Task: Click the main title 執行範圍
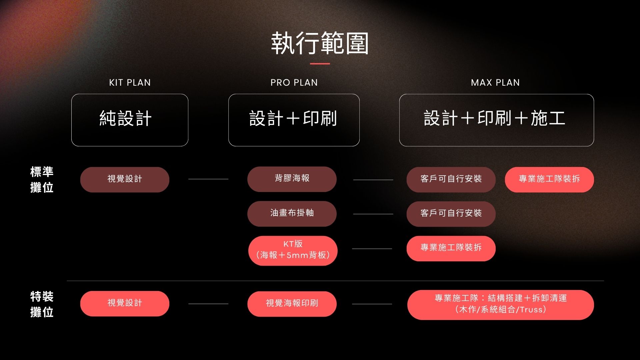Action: [x=320, y=43]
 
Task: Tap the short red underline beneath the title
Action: [x=320, y=63]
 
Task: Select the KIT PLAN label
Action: [x=130, y=83]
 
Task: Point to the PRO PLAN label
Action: [x=294, y=83]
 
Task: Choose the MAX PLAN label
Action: [x=495, y=83]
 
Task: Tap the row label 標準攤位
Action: [x=42, y=180]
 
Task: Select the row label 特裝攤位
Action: [x=42, y=304]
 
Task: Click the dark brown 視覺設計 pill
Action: [x=125, y=180]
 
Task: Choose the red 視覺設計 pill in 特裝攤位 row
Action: [x=125, y=304]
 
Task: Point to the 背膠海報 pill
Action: [x=292, y=179]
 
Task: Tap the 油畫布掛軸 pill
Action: [x=292, y=214]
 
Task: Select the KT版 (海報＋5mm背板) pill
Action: [x=293, y=251]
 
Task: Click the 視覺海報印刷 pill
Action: [x=292, y=304]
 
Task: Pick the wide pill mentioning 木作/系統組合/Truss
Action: [x=501, y=305]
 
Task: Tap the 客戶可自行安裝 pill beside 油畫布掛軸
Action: [x=451, y=214]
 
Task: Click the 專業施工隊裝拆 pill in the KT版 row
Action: [x=451, y=249]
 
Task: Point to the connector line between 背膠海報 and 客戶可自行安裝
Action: [x=373, y=180]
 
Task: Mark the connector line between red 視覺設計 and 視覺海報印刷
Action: [x=208, y=304]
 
